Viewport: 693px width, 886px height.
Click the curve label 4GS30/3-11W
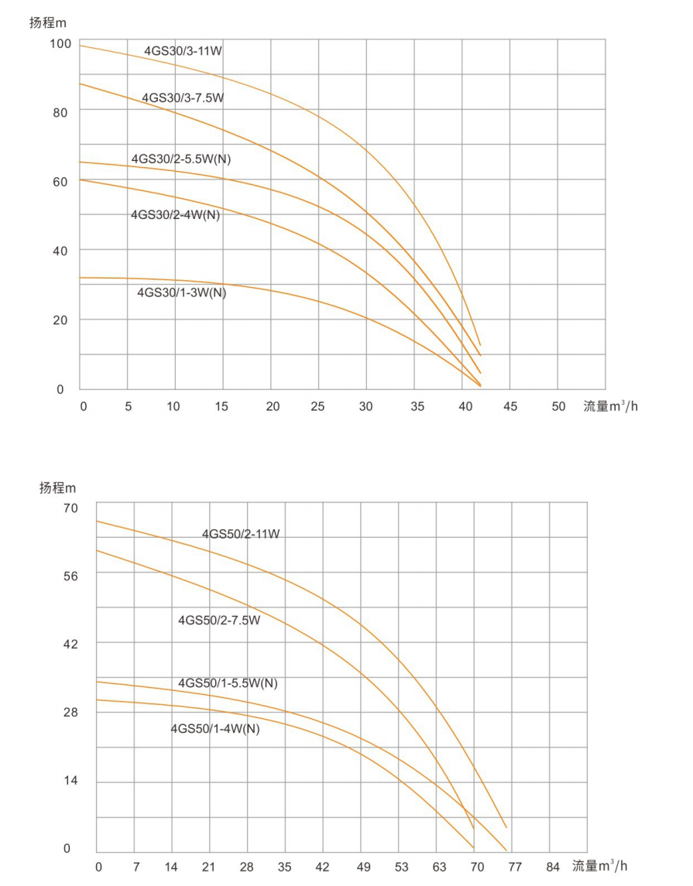click(183, 51)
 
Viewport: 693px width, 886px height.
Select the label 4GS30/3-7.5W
click(183, 98)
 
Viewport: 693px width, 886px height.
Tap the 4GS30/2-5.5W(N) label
click(180, 159)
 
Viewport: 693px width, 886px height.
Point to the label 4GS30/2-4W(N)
click(175, 215)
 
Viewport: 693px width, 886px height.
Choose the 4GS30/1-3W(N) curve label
click(181, 292)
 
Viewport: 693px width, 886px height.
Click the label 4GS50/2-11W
click(241, 534)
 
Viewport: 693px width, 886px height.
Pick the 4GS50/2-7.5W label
click(219, 620)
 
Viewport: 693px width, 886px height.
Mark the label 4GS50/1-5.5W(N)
click(228, 683)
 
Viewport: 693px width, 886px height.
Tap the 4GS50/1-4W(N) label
click(214, 728)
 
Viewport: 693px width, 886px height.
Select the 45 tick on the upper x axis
click(510, 406)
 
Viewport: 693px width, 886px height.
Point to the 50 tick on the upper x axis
click(558, 406)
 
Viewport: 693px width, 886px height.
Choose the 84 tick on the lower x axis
click(552, 866)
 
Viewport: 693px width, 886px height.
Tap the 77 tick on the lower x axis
click(515, 866)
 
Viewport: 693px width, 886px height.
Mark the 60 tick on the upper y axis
click(60, 181)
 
